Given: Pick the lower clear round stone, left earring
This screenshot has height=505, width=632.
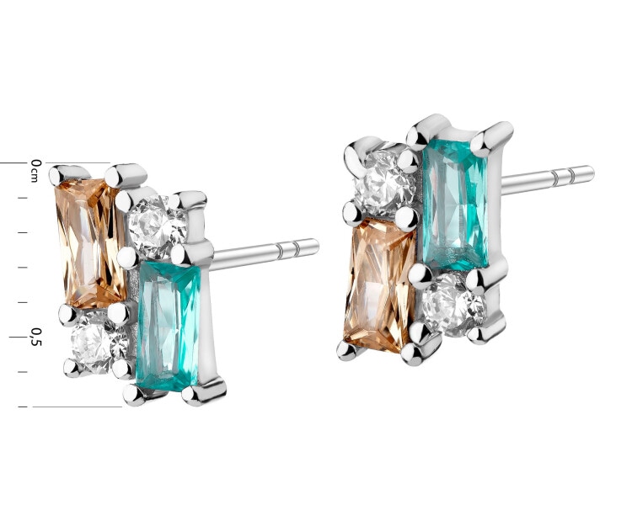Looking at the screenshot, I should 95,343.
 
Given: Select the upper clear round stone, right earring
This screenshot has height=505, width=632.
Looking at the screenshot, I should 380,182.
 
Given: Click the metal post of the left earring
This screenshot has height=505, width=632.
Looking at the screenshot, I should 261,252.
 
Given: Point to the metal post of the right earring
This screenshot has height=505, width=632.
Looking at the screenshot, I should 544,179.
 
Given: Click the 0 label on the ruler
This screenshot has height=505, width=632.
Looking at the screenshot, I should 35,162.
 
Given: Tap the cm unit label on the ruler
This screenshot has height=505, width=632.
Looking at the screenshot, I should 35,176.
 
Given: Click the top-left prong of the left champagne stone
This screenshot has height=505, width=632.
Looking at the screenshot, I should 58,176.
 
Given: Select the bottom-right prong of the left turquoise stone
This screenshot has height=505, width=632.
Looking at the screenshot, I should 202,391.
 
